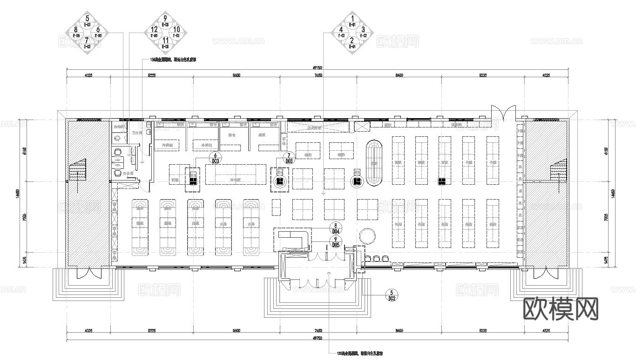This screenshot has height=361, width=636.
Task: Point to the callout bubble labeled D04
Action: click(x=335, y=228)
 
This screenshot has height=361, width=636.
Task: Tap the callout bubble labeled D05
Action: click(x=335, y=241)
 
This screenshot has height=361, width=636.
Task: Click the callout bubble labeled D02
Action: click(x=392, y=295)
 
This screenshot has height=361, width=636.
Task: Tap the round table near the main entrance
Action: click(x=367, y=236)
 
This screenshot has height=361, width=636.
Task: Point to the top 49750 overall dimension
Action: click(x=318, y=68)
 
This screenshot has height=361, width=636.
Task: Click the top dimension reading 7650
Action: click(x=318, y=75)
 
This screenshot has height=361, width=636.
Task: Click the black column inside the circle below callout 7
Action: click(x=280, y=181)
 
